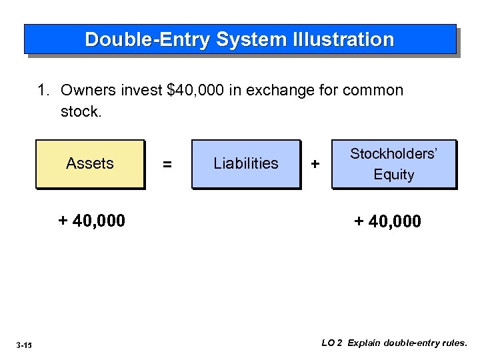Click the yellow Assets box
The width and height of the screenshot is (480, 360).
90,164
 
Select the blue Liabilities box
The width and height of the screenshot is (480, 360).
246,164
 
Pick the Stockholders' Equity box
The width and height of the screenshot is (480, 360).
394,164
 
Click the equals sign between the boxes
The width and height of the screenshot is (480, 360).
167,164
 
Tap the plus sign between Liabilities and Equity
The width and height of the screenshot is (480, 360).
315,164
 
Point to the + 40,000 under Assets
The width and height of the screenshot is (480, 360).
91,221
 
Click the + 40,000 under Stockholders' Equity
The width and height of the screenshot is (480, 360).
387,221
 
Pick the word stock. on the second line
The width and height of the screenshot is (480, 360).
81,111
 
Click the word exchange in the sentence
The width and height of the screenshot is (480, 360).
275,91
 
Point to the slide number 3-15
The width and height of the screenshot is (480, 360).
25,345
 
